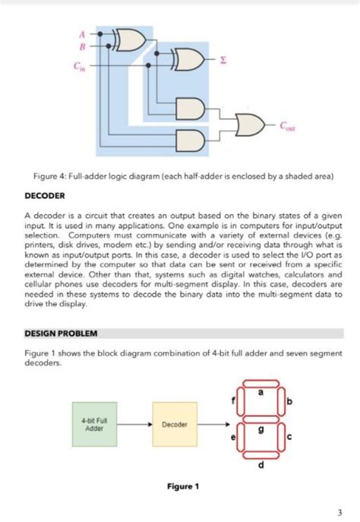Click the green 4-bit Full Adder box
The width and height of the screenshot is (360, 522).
coord(95,424)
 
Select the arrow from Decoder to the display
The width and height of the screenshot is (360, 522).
coord(214,424)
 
